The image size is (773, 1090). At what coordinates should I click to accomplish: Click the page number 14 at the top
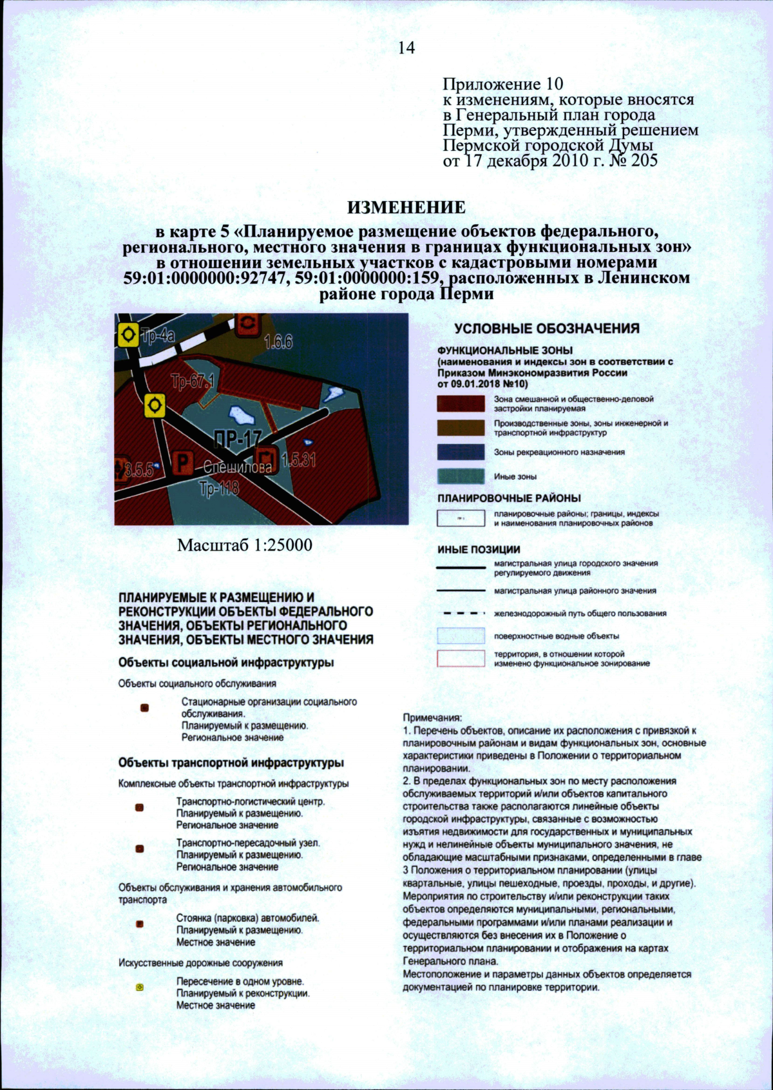click(x=406, y=48)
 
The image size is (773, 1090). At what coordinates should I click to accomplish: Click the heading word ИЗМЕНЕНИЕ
click(x=406, y=208)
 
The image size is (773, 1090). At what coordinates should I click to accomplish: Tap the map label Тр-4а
click(x=158, y=335)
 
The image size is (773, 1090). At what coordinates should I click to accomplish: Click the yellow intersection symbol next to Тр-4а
click(x=128, y=335)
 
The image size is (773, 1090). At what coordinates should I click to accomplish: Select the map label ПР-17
click(x=237, y=440)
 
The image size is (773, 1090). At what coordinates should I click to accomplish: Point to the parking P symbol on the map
click(x=184, y=462)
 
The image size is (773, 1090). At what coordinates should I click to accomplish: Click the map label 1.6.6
click(x=278, y=342)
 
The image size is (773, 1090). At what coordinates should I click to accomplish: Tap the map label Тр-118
click(x=219, y=489)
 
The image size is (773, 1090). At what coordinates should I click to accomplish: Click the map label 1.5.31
click(x=299, y=460)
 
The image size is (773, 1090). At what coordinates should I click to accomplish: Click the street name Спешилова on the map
click(x=238, y=467)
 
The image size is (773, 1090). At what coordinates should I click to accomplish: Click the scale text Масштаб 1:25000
click(x=245, y=545)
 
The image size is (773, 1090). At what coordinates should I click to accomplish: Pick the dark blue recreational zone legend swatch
click(x=461, y=452)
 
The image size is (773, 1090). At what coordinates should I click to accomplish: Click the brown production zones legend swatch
click(x=461, y=428)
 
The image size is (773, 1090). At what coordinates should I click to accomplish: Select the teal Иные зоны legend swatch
click(x=461, y=476)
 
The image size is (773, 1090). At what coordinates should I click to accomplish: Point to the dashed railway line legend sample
click(x=461, y=613)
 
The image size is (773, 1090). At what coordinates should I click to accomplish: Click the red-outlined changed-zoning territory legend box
click(x=461, y=658)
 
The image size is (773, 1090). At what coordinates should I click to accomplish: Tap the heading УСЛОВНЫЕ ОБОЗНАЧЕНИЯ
click(x=547, y=328)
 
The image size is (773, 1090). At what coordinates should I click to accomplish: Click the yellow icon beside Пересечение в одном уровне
click(x=140, y=987)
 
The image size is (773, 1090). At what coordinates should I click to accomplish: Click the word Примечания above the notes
click(x=432, y=717)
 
